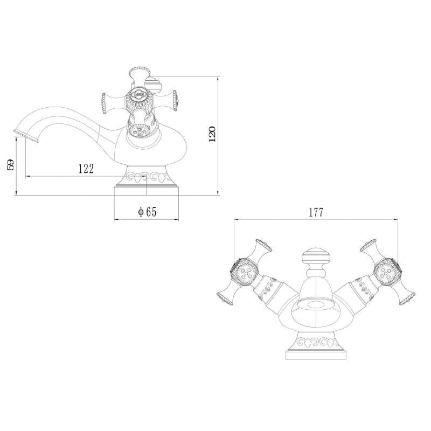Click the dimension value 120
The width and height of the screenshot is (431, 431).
212,134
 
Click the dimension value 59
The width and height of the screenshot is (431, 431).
10,165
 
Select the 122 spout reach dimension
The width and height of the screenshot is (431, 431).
86,169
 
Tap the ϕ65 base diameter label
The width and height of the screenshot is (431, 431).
147,212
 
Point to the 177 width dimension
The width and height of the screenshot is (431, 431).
316,212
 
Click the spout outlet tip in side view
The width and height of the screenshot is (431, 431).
25,136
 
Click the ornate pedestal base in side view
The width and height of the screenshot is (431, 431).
146,180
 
